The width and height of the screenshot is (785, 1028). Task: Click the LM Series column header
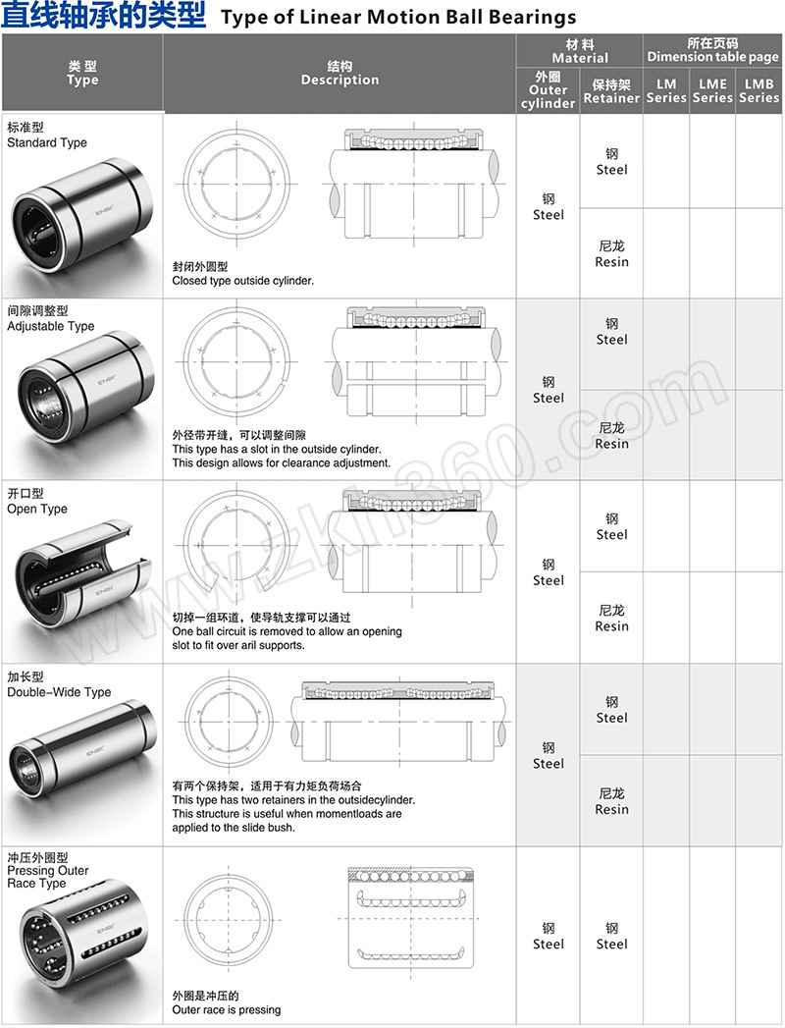(x=666, y=90)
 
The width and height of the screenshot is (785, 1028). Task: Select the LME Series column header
(x=712, y=90)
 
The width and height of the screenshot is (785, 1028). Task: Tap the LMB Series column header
(x=759, y=90)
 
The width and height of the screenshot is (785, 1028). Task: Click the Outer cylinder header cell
(x=549, y=90)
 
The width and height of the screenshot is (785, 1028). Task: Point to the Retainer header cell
(x=611, y=91)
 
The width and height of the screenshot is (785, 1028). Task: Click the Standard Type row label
(x=46, y=135)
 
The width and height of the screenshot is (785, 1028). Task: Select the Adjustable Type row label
(x=50, y=319)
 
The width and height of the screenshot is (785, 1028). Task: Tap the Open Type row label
(x=37, y=502)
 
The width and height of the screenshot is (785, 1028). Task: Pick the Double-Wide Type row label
(x=58, y=685)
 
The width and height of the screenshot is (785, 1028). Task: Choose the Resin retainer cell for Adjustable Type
(x=611, y=436)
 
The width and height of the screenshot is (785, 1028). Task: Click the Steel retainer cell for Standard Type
(x=611, y=162)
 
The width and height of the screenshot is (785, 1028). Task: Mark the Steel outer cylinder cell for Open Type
(x=549, y=572)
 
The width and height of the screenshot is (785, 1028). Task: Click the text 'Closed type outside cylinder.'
(x=243, y=281)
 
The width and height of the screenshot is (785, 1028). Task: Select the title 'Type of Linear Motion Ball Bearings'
(x=398, y=18)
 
